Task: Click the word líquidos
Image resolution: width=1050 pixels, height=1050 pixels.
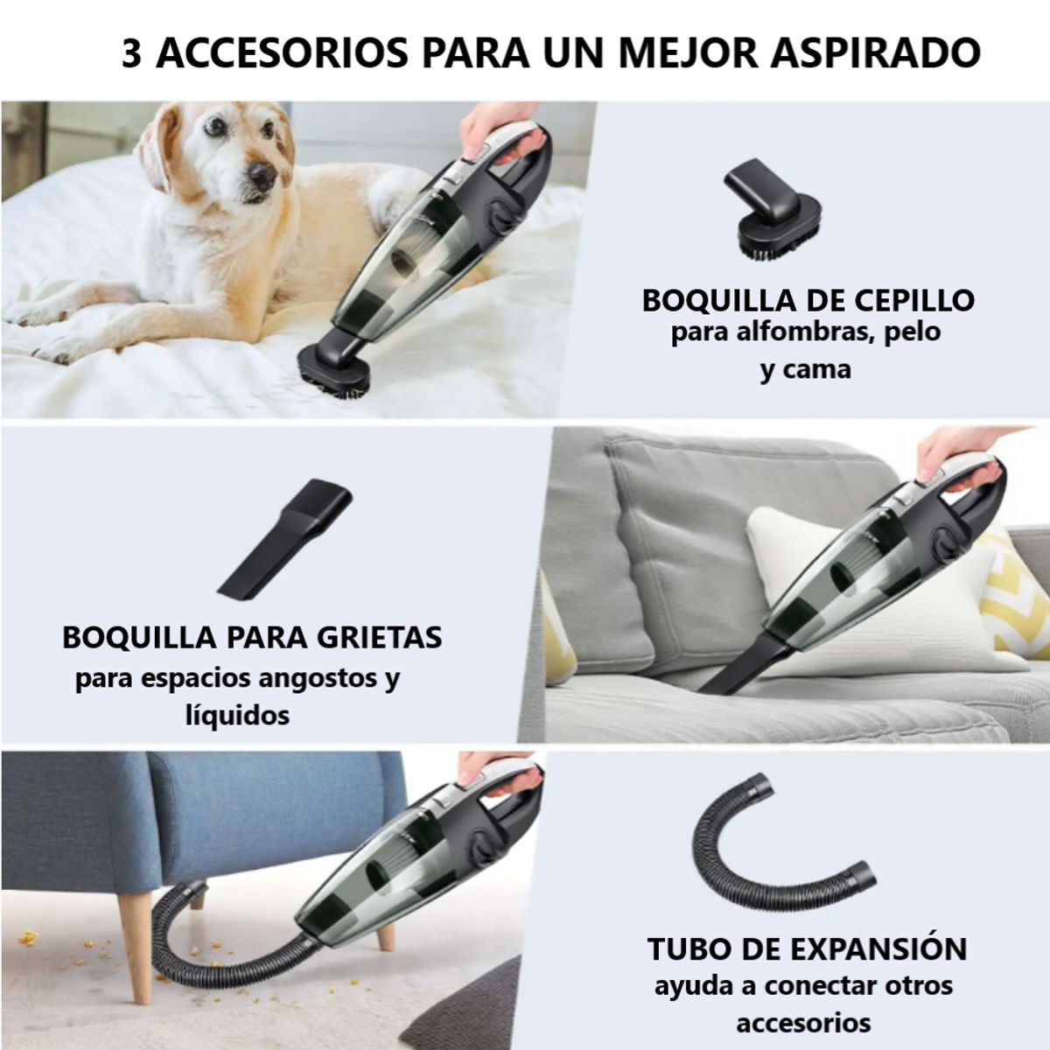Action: tap(237, 716)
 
